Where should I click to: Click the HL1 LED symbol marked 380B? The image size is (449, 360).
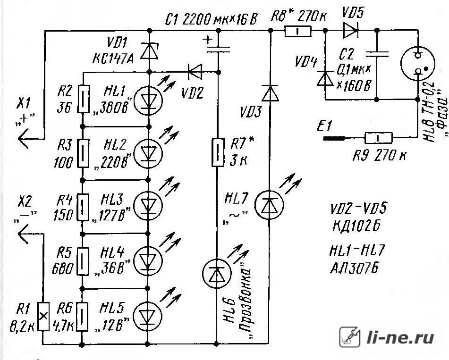(148, 100)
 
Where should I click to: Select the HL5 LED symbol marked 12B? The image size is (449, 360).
(148, 316)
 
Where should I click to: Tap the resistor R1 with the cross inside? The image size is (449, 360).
(43, 316)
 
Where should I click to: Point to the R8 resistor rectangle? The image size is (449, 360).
(298, 31)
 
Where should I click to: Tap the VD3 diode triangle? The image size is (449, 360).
(271, 93)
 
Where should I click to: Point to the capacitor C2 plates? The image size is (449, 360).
(377, 54)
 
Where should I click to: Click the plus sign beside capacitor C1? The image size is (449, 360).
(208, 40)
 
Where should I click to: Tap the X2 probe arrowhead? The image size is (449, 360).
(24, 234)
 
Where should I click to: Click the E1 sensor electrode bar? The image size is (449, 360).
(334, 139)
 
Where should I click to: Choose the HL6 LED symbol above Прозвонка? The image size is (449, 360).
(217, 274)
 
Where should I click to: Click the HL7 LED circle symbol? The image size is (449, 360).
(270, 205)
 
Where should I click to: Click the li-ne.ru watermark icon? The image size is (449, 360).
(350, 337)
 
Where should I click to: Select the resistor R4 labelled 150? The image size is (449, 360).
(83, 207)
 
